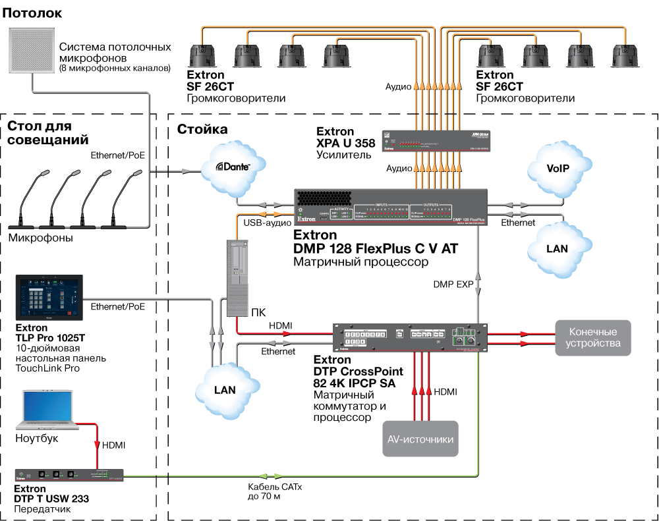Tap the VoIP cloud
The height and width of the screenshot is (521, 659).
click(557, 168)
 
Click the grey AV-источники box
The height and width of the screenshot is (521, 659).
click(420, 439)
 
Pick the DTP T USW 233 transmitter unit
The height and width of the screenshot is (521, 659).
click(70, 475)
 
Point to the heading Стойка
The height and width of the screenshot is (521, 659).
click(202, 129)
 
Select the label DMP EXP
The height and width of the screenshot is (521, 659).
click(453, 285)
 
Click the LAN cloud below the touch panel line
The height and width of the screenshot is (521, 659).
click(225, 389)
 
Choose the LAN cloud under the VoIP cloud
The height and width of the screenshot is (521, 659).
click(557, 248)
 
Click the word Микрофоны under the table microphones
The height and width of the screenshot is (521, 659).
click(40, 237)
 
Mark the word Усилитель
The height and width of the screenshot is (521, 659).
click(344, 155)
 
